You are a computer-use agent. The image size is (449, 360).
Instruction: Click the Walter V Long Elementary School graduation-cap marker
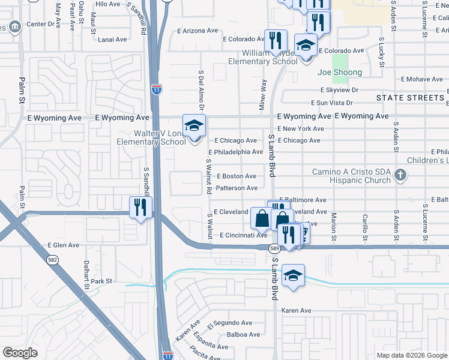(x=194, y=126)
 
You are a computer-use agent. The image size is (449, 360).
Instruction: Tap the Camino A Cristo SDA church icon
(x=402, y=176)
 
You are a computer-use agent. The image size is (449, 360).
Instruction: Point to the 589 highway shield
(x=275, y=248)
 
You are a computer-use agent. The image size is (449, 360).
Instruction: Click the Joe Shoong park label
(x=340, y=73)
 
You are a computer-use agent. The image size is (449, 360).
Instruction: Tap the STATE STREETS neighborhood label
(x=410, y=97)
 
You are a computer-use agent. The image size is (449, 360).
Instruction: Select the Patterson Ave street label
(x=237, y=188)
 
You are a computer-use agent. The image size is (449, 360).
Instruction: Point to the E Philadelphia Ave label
(x=235, y=152)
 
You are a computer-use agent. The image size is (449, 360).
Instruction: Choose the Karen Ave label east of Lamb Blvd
(x=297, y=311)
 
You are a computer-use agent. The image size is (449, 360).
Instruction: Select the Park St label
(x=102, y=281)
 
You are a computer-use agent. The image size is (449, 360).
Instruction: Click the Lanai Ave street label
(x=112, y=40)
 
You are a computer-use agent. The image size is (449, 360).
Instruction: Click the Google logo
(x=20, y=353)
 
